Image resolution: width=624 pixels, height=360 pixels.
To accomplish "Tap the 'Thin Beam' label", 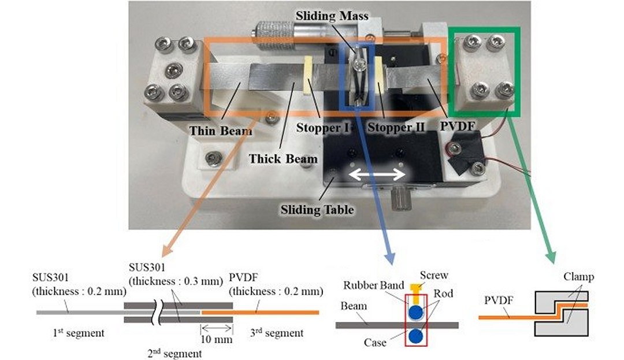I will [221, 131].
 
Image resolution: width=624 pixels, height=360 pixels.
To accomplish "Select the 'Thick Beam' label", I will [283, 158].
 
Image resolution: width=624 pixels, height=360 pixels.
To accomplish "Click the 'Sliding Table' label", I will [317, 209].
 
